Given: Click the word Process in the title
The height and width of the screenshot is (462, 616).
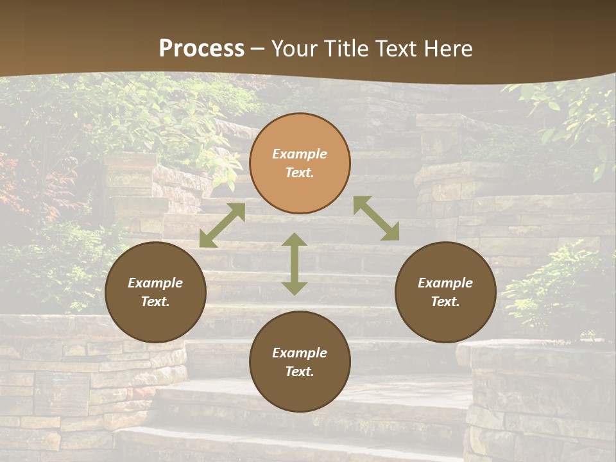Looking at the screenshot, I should pyautogui.click(x=201, y=49).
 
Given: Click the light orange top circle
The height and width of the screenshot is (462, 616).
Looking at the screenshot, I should pyautogui.click(x=300, y=163).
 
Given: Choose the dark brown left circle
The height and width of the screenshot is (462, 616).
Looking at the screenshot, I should pyautogui.click(x=155, y=292).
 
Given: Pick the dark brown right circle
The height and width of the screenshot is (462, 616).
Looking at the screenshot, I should pyautogui.click(x=445, y=292).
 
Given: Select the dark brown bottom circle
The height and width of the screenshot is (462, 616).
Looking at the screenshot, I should pyautogui.click(x=300, y=361).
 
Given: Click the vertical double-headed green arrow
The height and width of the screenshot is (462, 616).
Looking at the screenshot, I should pyautogui.click(x=295, y=264).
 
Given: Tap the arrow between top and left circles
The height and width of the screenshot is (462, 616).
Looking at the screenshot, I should pyautogui.click(x=222, y=225).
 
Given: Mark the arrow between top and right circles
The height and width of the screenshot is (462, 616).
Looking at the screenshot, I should pyautogui.click(x=376, y=218).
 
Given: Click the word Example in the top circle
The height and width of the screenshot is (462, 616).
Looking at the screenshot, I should pyautogui.click(x=300, y=154).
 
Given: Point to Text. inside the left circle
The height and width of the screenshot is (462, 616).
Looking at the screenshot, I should pyautogui.click(x=155, y=302).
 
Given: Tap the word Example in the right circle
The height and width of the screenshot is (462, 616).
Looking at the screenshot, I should pyautogui.click(x=445, y=283).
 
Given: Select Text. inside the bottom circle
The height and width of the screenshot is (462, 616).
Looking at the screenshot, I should pyautogui.click(x=300, y=372).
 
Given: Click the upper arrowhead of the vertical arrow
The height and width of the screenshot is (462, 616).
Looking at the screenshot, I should pyautogui.click(x=295, y=241).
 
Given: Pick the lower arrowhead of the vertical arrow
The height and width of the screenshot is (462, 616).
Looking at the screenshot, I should pyautogui.click(x=295, y=287).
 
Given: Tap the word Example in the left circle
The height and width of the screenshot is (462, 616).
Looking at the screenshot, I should pyautogui.click(x=155, y=283).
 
